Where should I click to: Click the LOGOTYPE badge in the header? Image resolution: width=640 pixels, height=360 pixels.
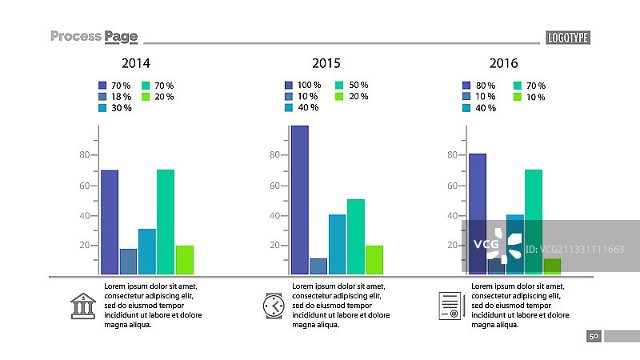[568, 38]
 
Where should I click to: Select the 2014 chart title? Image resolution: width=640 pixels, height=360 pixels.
[136, 63]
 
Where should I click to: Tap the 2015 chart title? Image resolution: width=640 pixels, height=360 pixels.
[326, 63]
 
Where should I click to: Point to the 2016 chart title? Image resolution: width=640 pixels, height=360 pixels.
[504, 63]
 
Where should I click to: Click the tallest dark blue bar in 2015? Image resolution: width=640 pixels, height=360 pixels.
[300, 200]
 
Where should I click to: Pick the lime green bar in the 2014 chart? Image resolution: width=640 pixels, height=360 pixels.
[185, 260]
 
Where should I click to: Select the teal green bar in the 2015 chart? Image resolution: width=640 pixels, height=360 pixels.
[356, 237]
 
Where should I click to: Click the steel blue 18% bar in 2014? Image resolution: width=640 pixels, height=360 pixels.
[128, 262]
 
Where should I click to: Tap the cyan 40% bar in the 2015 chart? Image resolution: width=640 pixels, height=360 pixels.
[337, 245]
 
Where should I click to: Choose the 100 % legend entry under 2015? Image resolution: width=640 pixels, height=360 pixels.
[303, 85]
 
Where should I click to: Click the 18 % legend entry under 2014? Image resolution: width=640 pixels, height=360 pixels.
[114, 97]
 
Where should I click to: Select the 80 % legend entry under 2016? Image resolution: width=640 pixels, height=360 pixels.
[478, 86]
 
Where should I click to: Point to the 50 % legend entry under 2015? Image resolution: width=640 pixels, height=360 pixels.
[352, 85]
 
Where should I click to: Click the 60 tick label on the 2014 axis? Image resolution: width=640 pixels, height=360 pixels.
[85, 186]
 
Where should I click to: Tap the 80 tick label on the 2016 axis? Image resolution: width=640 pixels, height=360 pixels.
[452, 154]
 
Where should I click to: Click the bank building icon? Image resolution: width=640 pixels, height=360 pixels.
[83, 306]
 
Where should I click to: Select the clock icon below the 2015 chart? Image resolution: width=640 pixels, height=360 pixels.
[274, 306]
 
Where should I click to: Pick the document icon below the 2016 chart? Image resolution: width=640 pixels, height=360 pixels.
[452, 306]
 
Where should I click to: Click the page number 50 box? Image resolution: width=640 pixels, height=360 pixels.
[594, 336]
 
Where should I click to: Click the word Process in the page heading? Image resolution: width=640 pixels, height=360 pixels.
[76, 36]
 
